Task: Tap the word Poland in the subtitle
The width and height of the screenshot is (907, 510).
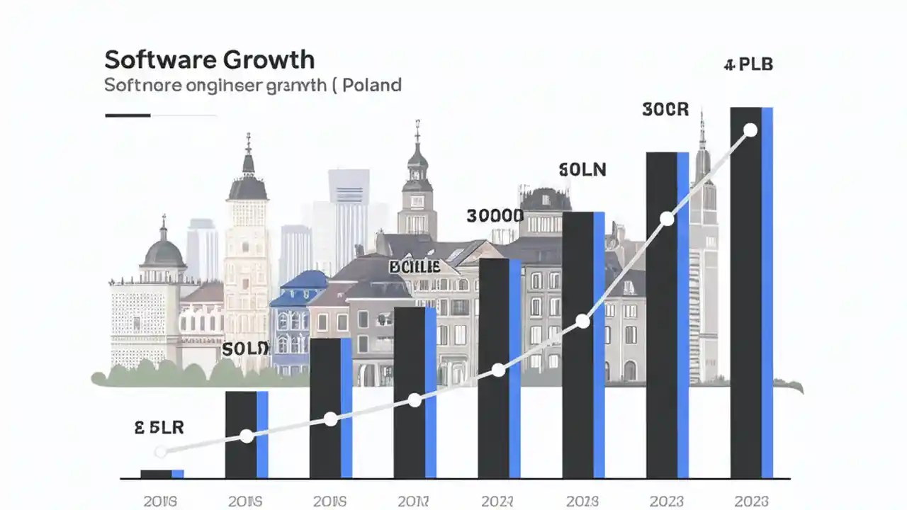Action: [x=373, y=86]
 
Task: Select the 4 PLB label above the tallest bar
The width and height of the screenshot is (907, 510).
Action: [x=748, y=65]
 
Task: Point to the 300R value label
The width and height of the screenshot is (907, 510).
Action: [x=665, y=110]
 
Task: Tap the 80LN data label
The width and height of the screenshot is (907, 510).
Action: [x=582, y=170]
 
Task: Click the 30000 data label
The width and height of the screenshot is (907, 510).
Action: [x=495, y=216]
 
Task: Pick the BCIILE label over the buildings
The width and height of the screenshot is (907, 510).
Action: [x=415, y=267]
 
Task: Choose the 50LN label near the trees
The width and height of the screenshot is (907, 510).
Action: [x=245, y=348]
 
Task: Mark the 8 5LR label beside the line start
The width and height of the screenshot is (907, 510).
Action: [x=159, y=427]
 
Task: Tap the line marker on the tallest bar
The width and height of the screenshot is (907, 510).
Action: [x=750, y=130]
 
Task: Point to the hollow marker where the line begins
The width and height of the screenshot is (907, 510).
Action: [x=161, y=451]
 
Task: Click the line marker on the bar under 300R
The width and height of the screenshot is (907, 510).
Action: [x=666, y=219]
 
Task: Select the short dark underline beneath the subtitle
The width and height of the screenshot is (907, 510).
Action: [x=128, y=115]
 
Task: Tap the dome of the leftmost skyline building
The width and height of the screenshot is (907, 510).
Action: [x=164, y=251]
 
